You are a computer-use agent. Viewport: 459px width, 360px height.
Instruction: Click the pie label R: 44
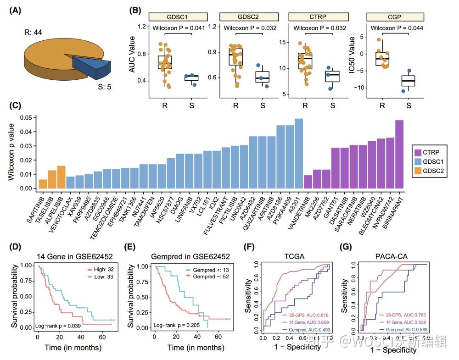(34, 33)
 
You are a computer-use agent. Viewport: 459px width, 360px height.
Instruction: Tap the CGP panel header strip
(395, 17)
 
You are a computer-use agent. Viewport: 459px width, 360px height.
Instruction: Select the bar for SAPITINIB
(43, 184)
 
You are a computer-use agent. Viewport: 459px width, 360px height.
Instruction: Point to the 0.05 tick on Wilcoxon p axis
(27, 118)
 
